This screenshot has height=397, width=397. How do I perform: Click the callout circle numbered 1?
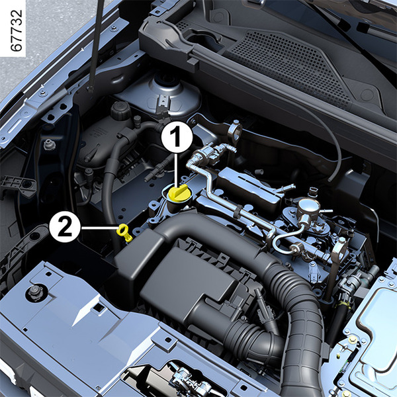(177, 137)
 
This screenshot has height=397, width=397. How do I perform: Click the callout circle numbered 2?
(65, 227)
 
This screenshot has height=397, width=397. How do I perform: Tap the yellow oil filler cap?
(178, 193)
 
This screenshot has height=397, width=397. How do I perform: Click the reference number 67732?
(17, 30)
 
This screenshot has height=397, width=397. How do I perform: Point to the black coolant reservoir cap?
(120, 110)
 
